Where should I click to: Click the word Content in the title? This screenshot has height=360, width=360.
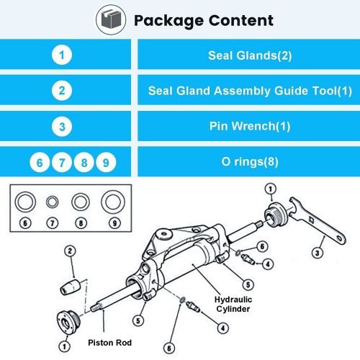coord(238,19)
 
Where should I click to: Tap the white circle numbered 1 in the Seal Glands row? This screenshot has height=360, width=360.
coord(63,54)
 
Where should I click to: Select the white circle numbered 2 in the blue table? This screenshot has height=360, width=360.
coord(63,91)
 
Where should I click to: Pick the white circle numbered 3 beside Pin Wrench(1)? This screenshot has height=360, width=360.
coord(63,127)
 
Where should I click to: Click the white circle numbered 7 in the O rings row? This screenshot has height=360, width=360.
coord(63,163)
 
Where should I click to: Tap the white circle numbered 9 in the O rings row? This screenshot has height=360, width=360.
coord(107,163)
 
